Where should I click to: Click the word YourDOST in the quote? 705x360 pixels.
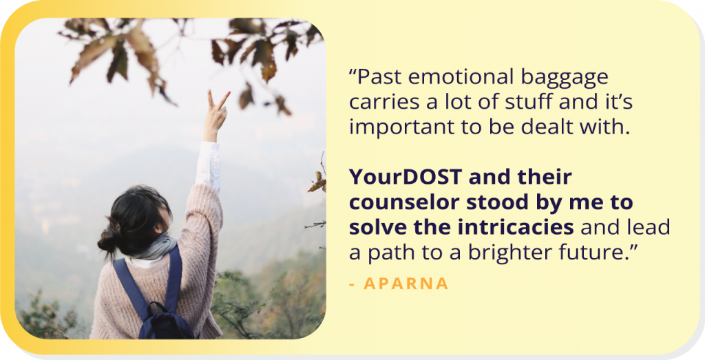[405, 177]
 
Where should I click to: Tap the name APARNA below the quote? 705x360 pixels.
[406, 284]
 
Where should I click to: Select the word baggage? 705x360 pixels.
[565, 78]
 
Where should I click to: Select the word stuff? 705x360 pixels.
[528, 102]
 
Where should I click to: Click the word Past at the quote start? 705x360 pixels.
[374, 77]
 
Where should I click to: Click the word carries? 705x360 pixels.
[384, 102]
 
